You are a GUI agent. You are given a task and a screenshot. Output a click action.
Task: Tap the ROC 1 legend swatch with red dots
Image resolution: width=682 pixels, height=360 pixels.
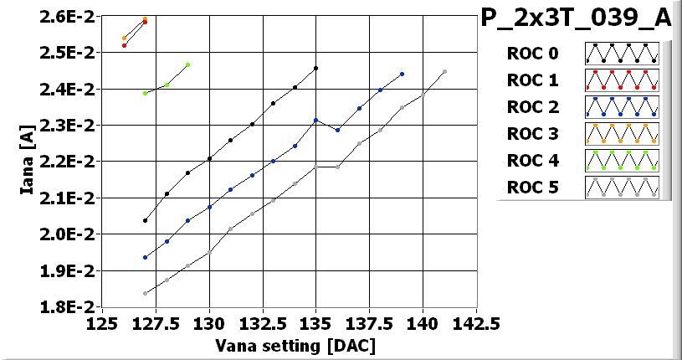[x=622, y=80]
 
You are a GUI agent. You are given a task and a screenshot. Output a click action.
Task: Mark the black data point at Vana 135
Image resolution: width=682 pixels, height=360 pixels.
[x=315, y=69]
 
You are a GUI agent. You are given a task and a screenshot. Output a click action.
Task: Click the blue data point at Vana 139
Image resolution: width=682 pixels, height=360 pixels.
[x=402, y=75]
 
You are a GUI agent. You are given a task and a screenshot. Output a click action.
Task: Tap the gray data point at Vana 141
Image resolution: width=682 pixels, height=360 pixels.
[x=444, y=72]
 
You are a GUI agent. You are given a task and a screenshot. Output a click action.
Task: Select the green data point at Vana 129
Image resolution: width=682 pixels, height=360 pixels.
[x=187, y=64]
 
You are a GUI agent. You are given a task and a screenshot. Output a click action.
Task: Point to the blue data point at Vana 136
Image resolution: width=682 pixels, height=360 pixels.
[x=337, y=130]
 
